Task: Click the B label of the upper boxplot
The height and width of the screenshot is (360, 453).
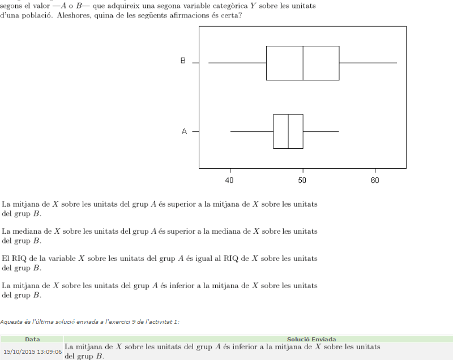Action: point(183,61)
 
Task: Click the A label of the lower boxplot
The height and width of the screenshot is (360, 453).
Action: point(184,131)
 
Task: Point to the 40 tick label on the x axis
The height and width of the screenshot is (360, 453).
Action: point(230,180)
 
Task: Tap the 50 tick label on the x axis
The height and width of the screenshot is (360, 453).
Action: point(302,180)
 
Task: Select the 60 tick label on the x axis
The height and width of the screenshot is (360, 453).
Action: point(375,180)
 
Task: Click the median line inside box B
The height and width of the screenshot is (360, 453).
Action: point(303,63)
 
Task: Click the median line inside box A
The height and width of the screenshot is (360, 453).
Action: point(288,131)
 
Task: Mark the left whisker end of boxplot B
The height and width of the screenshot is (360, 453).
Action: point(208,63)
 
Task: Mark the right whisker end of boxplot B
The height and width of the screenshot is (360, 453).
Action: point(396,63)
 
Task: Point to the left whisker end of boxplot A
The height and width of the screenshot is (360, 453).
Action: point(230,131)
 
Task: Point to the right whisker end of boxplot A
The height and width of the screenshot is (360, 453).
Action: point(339,131)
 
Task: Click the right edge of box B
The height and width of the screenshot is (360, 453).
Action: point(339,63)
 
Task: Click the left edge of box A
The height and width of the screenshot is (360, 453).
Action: point(273,131)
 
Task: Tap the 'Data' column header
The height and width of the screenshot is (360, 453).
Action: point(32,339)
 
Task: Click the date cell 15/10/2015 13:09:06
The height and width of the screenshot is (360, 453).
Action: point(32,351)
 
